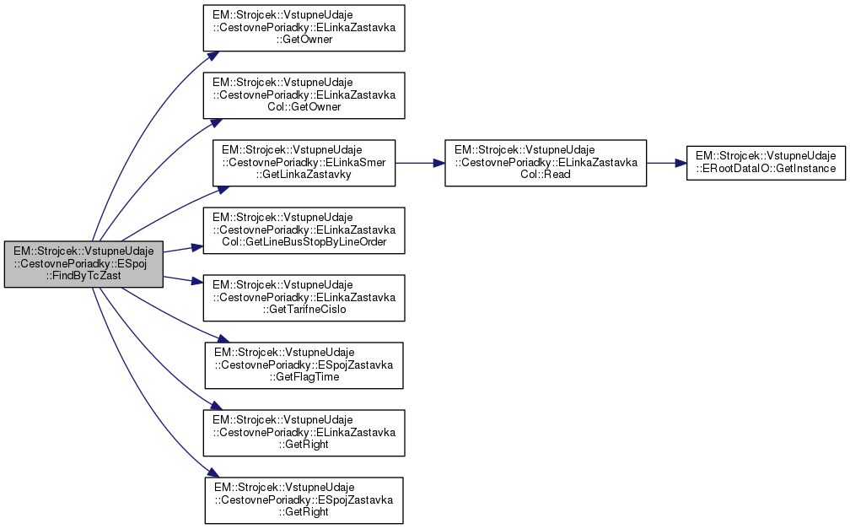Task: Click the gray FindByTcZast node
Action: [x=83, y=265]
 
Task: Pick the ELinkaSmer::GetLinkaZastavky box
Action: [x=304, y=163]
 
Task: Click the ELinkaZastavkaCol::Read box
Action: [x=545, y=163]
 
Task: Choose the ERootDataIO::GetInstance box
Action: [x=766, y=163]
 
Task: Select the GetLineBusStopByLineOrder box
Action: [x=304, y=230]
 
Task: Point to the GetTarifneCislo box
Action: [x=304, y=298]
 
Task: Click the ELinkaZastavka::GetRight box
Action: [x=304, y=432]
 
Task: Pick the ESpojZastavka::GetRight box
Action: [x=304, y=499]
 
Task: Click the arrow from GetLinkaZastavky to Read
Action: [x=420, y=163]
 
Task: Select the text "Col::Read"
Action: [x=545, y=175]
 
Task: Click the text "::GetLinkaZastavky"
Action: [x=304, y=175]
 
